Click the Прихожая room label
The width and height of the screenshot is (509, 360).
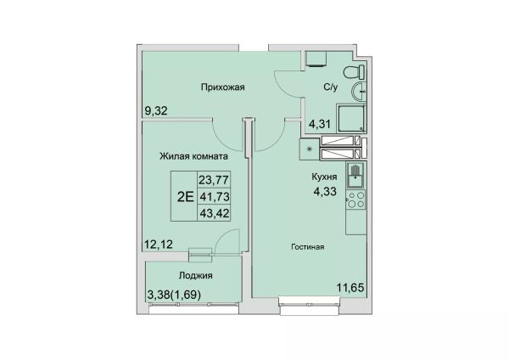[x=222, y=87]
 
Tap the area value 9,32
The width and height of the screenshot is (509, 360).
[x=156, y=111]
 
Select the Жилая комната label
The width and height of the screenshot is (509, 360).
[x=193, y=156]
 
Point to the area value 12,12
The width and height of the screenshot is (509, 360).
[x=159, y=244]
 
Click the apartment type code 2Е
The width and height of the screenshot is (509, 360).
[x=185, y=197]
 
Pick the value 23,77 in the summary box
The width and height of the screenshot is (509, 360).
[x=214, y=179]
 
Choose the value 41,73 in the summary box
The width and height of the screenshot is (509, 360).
[x=215, y=196]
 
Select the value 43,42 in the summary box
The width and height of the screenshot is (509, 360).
[x=215, y=213]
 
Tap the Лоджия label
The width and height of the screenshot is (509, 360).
[x=195, y=276]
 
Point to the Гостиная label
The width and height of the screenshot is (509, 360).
[x=307, y=247]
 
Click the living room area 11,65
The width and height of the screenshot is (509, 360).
[x=350, y=288]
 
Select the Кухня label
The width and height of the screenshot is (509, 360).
[x=324, y=177]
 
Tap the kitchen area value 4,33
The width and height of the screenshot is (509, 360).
[x=325, y=191]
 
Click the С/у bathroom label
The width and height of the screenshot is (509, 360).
[x=331, y=87]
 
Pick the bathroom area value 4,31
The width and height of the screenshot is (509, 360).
[x=320, y=124]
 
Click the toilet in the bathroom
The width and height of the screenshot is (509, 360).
[x=354, y=72]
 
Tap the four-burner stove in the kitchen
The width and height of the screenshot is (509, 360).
[x=356, y=200]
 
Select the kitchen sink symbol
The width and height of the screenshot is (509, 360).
[x=355, y=176]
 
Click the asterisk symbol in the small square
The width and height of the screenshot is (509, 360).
[x=309, y=149]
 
